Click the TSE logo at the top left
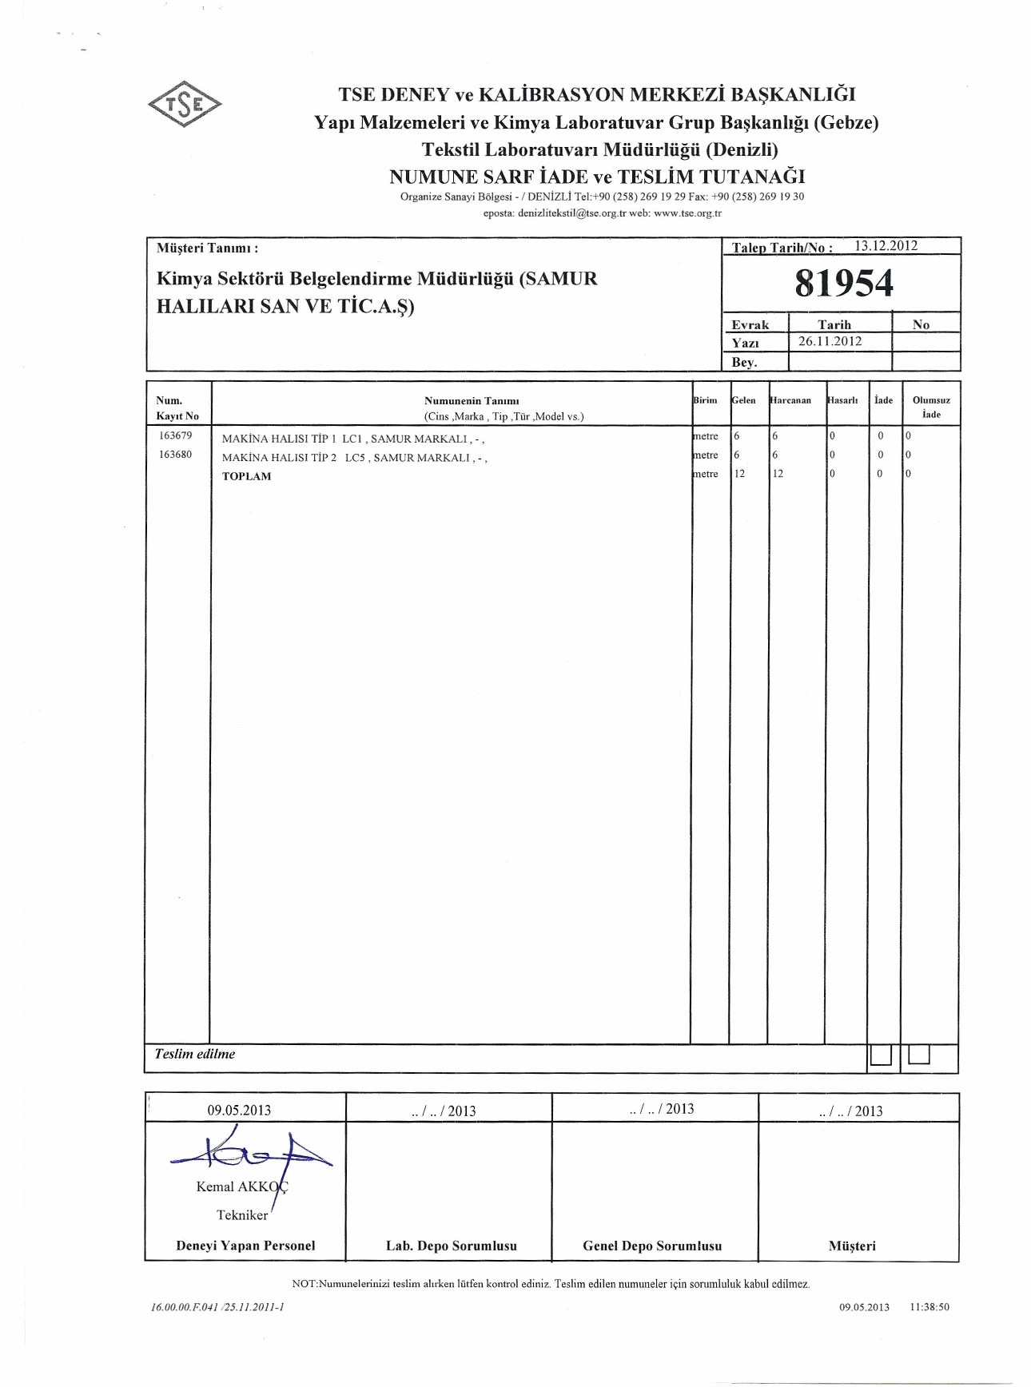pos(184,105)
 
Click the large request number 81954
pos(844,284)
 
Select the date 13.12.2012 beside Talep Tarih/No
pos(886,246)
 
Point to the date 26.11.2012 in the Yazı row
pos(830,342)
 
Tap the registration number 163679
pos(176,436)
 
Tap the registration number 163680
pos(176,455)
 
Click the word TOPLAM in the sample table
pos(246,476)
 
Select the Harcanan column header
pos(791,400)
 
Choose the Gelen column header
pos(744,400)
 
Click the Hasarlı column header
pos(843,400)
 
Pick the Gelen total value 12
pos(739,474)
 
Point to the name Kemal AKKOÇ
pos(242,1186)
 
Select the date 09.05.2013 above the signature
pos(239,1111)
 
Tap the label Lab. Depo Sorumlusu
pos(451,1246)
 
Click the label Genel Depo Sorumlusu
pos(652,1246)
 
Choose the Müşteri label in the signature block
pos(852,1246)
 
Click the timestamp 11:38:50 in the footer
pos(929,1307)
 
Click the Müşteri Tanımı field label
pos(207,248)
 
